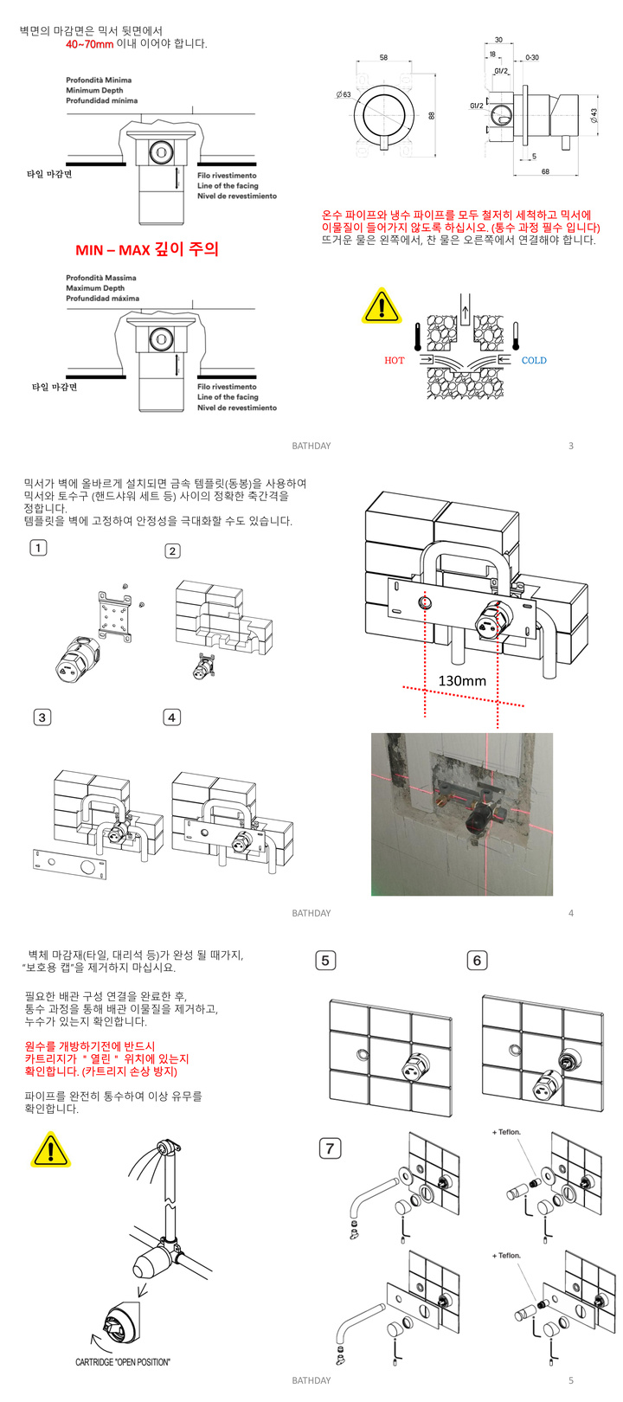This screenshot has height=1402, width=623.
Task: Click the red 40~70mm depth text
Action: (x=90, y=44)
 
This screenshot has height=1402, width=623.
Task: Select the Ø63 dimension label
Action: (x=344, y=94)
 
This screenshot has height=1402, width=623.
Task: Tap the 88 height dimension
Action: (x=432, y=114)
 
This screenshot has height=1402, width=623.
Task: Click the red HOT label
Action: (x=394, y=360)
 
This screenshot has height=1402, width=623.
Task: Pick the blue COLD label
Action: (x=534, y=360)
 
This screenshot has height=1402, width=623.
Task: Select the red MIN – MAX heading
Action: (x=147, y=250)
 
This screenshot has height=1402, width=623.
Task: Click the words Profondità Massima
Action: (x=101, y=278)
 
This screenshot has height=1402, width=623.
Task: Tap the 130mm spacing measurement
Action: (x=462, y=681)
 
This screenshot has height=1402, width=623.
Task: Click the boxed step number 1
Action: (x=38, y=548)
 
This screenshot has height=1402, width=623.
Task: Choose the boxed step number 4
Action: (x=172, y=717)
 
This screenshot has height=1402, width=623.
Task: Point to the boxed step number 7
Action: (x=330, y=1148)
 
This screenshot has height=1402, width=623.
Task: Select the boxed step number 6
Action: (x=477, y=960)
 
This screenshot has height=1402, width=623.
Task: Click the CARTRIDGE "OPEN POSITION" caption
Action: (x=123, y=1362)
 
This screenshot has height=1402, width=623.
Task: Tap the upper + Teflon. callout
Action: (x=507, y=1132)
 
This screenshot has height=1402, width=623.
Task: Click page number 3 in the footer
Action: (x=571, y=446)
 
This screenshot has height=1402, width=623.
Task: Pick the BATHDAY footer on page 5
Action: (x=311, y=1380)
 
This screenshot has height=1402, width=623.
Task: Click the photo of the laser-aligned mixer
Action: (x=462, y=814)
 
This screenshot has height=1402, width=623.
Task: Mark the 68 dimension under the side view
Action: (x=545, y=172)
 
